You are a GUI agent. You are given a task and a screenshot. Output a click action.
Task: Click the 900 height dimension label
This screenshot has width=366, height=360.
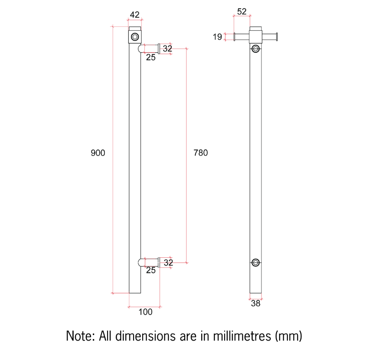[x=98, y=153]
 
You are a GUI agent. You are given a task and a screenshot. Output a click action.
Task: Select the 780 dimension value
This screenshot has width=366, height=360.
[x=200, y=153]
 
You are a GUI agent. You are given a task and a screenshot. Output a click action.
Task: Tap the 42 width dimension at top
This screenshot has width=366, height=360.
[x=135, y=15]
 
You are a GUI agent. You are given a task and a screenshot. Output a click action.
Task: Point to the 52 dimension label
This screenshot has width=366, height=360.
[x=242, y=11]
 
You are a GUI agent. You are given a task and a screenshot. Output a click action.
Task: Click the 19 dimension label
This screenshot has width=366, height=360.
[x=217, y=36]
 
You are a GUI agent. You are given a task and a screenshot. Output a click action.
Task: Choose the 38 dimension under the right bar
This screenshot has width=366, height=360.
[x=255, y=303]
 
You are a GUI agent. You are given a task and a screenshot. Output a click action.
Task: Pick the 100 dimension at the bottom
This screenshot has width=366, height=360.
[x=145, y=312]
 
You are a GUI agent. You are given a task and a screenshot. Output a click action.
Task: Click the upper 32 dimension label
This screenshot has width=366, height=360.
[x=167, y=49]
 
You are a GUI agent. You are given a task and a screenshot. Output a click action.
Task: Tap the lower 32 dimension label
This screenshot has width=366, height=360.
[x=168, y=263]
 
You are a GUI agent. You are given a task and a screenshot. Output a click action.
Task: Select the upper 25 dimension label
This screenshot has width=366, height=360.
[x=151, y=57]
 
